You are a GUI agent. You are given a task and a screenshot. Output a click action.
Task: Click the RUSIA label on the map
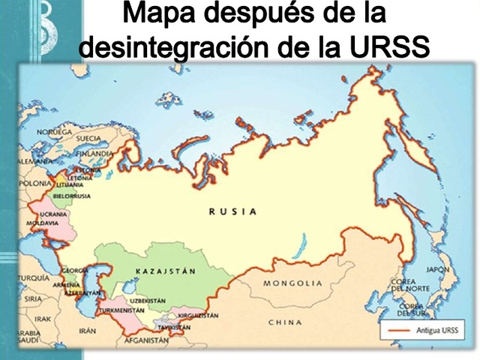[x=232, y=211]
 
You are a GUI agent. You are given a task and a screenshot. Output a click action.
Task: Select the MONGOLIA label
[x=292, y=283]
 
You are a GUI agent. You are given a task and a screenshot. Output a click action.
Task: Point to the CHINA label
[x=285, y=322]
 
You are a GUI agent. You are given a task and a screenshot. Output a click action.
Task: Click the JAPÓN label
[x=437, y=269]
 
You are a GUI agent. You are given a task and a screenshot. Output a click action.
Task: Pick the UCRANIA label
[x=53, y=214]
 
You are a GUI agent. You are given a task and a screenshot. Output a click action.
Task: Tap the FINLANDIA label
[x=94, y=154]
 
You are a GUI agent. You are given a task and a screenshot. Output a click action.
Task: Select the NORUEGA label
[x=54, y=132]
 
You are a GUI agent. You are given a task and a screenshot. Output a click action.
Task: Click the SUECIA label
[x=88, y=139]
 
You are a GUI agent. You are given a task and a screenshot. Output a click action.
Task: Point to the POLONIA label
[x=35, y=183]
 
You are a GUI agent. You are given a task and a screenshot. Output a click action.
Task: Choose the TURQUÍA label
[x=33, y=277]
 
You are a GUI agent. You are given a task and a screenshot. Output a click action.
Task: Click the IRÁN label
[x=88, y=330]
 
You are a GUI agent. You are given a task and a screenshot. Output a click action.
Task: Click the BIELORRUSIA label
[x=71, y=196]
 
